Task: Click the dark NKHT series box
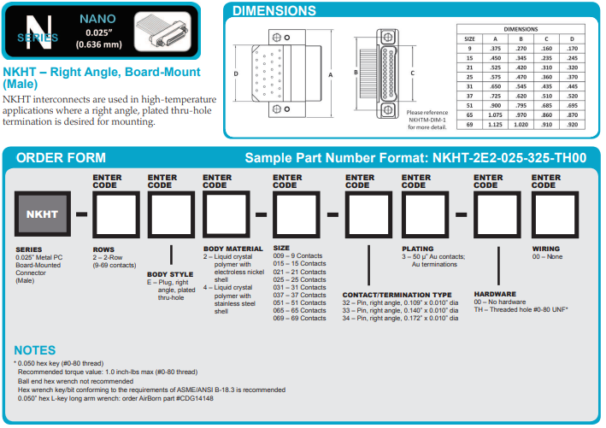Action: click(x=41, y=214)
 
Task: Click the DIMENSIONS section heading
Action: click(x=274, y=11)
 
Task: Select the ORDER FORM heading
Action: click(x=61, y=158)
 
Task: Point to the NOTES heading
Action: click(x=35, y=350)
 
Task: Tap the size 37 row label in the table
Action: click(x=469, y=96)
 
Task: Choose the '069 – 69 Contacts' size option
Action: click(x=299, y=318)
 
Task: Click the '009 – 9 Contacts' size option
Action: click(x=299, y=255)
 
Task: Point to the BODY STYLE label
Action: click(x=169, y=274)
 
